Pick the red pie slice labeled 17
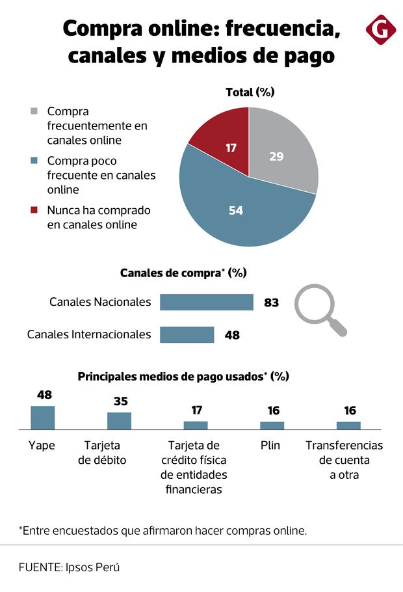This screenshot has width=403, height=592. tap(224, 143)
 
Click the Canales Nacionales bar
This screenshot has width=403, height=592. tap(206, 303)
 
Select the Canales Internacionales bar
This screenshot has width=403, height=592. tap(187, 334)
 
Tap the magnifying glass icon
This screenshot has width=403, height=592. tap(318, 307)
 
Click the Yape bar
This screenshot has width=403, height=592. tap(43, 417)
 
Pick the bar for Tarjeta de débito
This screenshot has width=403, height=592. tap(120, 420)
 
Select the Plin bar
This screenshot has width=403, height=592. tap(272, 425)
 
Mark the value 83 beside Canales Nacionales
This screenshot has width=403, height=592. tap(272, 303)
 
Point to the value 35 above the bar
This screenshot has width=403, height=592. tap(121, 401)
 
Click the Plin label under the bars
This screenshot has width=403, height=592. tap(271, 446)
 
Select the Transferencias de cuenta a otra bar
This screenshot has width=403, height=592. tap(348, 425)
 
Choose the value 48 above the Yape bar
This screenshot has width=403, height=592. tap(44, 395)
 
